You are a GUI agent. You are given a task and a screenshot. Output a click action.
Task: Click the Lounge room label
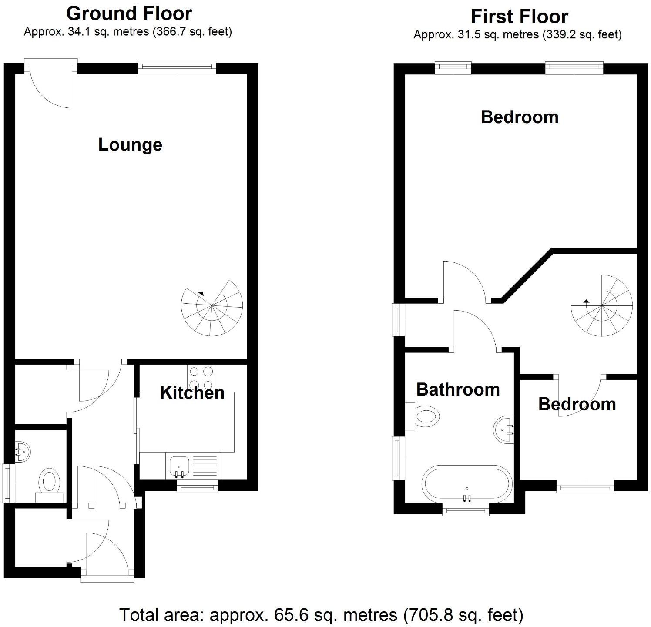click(x=130, y=145)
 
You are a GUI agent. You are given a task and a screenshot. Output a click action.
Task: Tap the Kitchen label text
click(x=192, y=393)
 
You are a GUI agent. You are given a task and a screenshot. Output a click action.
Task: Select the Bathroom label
click(x=458, y=389)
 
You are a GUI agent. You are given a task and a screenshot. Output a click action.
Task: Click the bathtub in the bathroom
click(x=467, y=484)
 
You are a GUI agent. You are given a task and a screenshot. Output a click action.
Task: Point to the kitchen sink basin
click(x=179, y=465)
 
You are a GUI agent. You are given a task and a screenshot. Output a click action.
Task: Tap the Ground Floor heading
click(x=129, y=13)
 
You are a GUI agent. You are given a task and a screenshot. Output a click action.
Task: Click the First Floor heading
click(x=519, y=17)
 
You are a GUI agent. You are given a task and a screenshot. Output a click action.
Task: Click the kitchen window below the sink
click(x=197, y=487)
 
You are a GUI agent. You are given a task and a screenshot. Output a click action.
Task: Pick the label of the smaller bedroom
click(x=577, y=404)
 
